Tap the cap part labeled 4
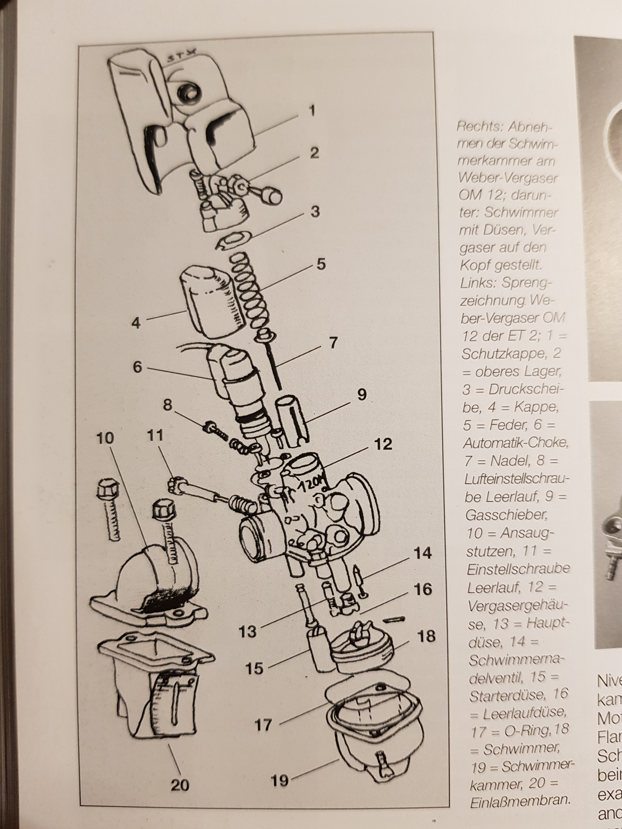[x=210, y=300]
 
